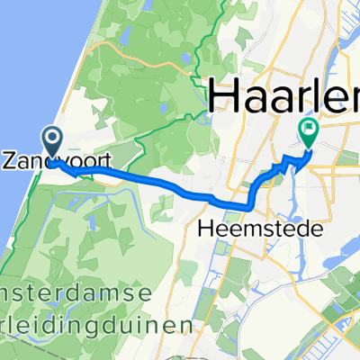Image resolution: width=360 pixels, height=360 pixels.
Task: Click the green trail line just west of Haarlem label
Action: point(200,90)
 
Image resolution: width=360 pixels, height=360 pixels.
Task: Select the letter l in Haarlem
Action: point(327,94)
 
